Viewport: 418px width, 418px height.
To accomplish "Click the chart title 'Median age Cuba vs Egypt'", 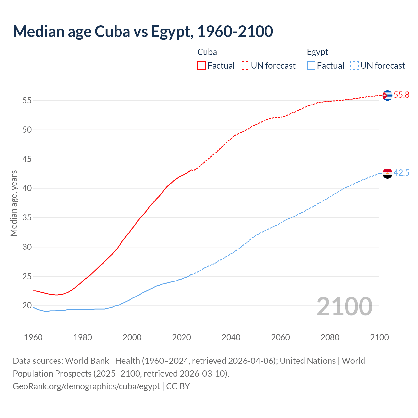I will click(x=143, y=32).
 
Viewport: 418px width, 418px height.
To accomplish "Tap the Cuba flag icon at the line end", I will click(x=387, y=95).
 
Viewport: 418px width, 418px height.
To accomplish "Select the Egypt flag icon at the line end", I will click(x=387, y=173).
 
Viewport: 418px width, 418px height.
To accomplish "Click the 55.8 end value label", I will click(x=401, y=95).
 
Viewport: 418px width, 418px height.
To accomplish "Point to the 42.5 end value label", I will click(x=401, y=173).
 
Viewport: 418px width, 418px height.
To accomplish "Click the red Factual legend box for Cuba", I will click(x=201, y=66).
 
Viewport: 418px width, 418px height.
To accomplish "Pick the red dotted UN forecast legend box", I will click(x=245, y=66).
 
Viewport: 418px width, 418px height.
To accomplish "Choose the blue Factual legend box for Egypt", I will click(x=311, y=66).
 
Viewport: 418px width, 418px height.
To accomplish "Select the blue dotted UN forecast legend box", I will click(x=354, y=66).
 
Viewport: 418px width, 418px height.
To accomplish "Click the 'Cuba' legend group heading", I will click(x=207, y=52).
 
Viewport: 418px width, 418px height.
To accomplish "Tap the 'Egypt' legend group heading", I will click(x=317, y=52).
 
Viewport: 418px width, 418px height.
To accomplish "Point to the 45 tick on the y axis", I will click(x=27, y=159).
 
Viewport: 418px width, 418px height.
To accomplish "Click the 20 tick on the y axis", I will click(x=27, y=306).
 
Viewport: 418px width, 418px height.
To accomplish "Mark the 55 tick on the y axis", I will click(x=27, y=101).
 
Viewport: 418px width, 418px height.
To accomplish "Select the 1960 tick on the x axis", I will click(x=33, y=337).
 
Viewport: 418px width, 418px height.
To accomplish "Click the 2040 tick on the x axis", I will click(x=231, y=337).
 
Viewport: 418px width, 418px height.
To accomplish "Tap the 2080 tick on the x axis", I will click(x=330, y=337).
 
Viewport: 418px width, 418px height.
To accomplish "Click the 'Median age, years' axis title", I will click(x=14, y=203).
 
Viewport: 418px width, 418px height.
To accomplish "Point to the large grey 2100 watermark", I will click(x=344, y=307).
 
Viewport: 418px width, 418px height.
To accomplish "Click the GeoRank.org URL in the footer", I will click(x=86, y=386).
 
